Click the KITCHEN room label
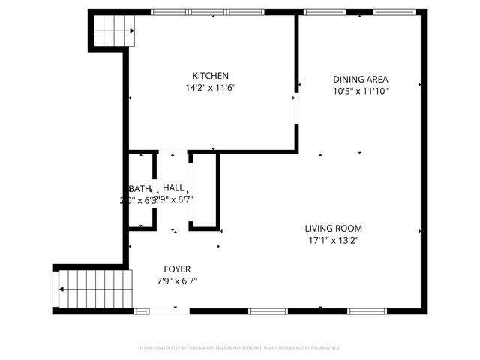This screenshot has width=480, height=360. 210,76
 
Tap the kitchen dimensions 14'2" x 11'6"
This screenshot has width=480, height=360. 210,88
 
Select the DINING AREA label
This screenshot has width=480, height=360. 360,79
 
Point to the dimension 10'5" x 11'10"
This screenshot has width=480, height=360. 360,91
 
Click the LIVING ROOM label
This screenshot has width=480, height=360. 333,229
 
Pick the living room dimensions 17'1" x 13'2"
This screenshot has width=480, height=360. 333,241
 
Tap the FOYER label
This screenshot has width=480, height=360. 177,268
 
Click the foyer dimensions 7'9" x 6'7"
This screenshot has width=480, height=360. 177,280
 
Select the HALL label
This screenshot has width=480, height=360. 173,188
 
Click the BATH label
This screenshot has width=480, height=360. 140,188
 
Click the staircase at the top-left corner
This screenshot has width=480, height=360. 113,31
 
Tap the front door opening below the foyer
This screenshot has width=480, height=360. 169,310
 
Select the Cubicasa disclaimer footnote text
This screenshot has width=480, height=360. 240,348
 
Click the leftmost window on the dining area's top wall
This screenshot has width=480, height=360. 325,12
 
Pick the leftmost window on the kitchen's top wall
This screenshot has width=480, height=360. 169,12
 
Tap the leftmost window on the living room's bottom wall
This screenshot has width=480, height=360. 268,310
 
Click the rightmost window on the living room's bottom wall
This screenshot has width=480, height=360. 367,310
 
